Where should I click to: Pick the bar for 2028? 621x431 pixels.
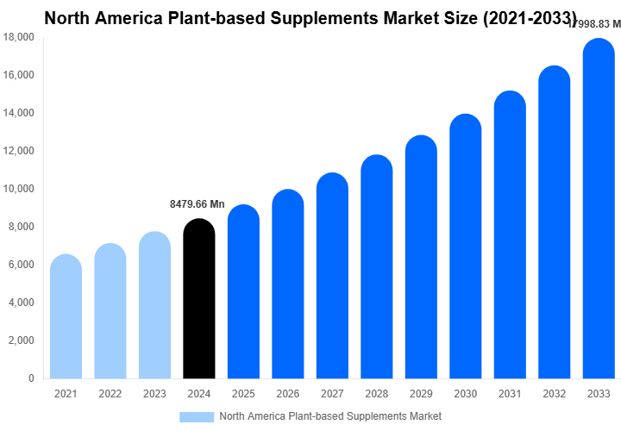click(377, 266)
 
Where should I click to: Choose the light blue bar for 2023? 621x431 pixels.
click(154, 305)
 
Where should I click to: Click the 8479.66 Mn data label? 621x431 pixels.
click(196, 204)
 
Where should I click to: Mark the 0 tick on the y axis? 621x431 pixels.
click(31, 378)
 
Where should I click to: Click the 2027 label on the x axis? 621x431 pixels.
click(332, 393)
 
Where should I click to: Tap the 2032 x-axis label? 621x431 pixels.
click(555, 393)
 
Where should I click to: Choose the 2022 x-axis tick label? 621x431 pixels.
click(110, 393)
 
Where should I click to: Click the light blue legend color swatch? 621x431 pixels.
click(196, 416)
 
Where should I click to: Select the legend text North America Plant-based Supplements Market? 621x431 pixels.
click(330, 416)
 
